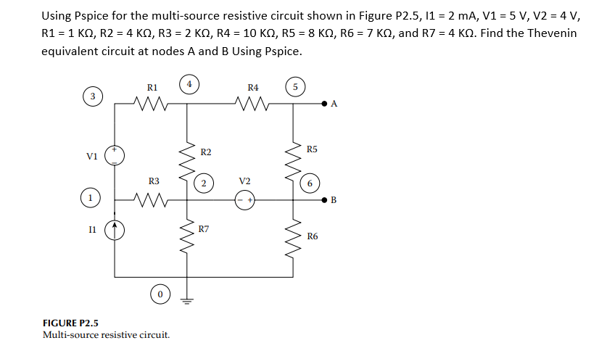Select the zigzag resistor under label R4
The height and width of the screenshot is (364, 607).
point(253,104)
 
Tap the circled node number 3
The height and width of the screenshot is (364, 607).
point(91,96)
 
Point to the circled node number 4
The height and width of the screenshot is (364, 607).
point(189,84)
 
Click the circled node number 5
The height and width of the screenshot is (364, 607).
point(295,88)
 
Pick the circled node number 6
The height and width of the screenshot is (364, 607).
point(309,183)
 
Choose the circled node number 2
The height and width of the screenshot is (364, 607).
point(205,183)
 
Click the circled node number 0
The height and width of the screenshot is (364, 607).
point(160,294)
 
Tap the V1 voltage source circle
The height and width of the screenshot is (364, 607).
point(115,154)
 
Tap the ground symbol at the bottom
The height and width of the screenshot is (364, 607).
point(189,301)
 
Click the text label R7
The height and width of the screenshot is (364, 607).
point(205,229)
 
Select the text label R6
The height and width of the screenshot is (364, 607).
point(312,236)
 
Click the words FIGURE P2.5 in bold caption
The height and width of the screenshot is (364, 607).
point(70,323)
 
